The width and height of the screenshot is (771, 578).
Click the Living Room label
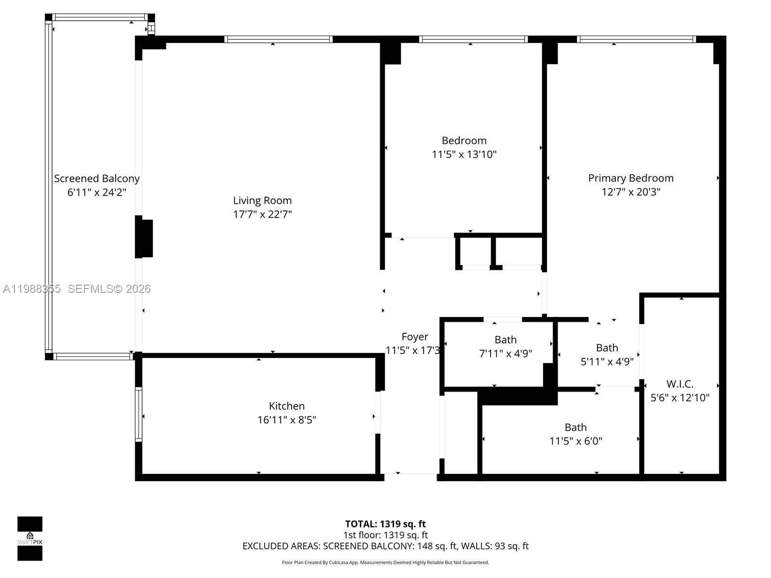coord(262,200)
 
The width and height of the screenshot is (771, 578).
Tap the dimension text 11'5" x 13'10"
coord(464,155)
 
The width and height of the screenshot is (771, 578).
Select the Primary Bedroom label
coord(630,178)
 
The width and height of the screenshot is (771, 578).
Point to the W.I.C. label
coord(679,384)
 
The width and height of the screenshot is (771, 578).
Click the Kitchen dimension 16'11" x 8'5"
coord(286,420)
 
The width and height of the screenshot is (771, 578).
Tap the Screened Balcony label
coord(96,179)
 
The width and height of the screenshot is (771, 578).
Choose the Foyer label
coord(414,337)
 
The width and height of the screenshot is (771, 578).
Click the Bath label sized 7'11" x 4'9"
coord(505,340)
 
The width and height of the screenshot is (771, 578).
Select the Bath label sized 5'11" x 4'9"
coord(607,348)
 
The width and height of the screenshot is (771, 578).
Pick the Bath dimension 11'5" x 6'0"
coord(575,441)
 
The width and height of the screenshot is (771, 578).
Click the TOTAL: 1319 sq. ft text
coord(385,524)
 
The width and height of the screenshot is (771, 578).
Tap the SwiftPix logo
coord(30,539)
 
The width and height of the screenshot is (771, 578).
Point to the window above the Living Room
coord(278,39)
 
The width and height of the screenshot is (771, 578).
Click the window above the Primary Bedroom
coord(636,39)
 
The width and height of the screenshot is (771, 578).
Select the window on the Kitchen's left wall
coord(139,414)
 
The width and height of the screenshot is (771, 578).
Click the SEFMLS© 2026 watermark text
coord(109,289)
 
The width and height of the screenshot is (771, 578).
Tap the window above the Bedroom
coord(473,39)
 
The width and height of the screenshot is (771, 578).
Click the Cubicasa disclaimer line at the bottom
coord(385,563)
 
